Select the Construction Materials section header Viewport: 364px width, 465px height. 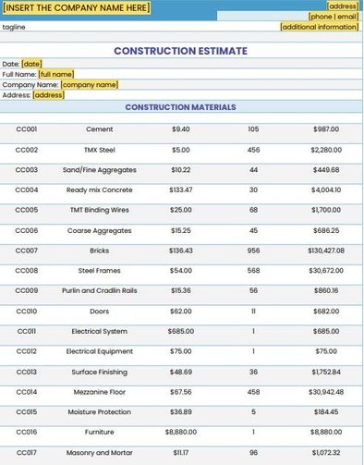[180, 107]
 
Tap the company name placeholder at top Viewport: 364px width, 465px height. [77, 7]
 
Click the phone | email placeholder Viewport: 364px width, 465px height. [333, 17]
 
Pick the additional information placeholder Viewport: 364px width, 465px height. [319, 27]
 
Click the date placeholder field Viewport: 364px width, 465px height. [32, 63]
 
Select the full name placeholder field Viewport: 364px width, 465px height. [55, 73]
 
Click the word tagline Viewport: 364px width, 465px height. [14, 27]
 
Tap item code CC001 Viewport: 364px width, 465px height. [27, 128]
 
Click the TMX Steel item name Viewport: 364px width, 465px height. [99, 149]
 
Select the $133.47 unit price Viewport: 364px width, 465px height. [181, 190]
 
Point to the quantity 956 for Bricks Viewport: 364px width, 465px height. [253, 251]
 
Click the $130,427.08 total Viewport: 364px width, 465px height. [325, 251]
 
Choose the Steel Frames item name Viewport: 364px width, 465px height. [99, 271]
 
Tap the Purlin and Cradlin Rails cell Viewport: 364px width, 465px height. [99, 290]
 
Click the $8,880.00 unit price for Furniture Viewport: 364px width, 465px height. [181, 432]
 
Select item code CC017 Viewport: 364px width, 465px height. [27, 452]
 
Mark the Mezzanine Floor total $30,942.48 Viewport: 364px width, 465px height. [325, 391]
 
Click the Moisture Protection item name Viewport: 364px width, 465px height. [99, 411]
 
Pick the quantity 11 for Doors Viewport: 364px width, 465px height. [253, 311]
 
